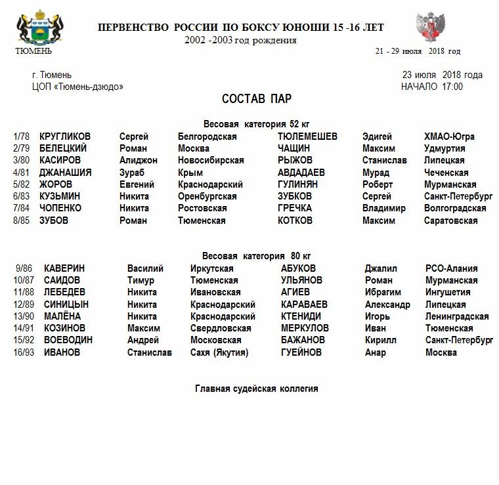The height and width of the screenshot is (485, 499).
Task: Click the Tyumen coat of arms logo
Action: [x=33, y=28]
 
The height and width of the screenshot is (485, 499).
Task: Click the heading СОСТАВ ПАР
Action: [x=257, y=99]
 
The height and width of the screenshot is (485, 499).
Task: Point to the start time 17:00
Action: [x=452, y=87]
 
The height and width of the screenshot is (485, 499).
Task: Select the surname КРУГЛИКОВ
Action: [x=65, y=137]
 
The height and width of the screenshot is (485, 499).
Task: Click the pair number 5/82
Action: [x=22, y=184]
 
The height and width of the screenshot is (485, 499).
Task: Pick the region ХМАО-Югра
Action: [x=449, y=137]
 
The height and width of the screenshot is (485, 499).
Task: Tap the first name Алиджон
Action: [x=138, y=160]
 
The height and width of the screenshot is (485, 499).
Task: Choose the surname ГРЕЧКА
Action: [x=295, y=208]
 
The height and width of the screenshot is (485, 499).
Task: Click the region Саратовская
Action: [x=450, y=221]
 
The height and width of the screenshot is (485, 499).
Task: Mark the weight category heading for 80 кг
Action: [x=256, y=256]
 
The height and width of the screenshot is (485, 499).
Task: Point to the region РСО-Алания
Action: [x=451, y=268]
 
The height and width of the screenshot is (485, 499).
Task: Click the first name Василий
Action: [x=145, y=268]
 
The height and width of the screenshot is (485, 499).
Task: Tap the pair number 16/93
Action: [x=24, y=352]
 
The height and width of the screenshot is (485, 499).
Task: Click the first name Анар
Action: [x=376, y=352]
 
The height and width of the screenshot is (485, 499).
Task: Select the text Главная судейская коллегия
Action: [x=256, y=389]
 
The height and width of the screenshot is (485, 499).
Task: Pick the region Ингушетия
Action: [x=448, y=292]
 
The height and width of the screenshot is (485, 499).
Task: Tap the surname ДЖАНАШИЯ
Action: [x=65, y=173]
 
